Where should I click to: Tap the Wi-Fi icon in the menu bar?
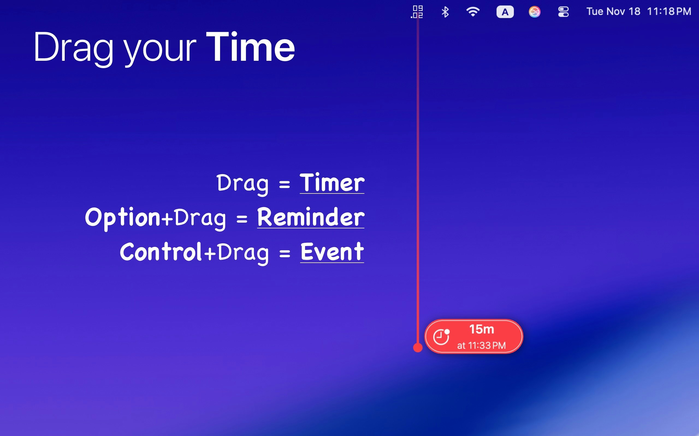(x=473, y=12)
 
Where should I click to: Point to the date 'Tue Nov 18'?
(x=613, y=11)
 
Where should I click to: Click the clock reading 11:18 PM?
(x=669, y=11)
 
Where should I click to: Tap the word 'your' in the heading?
(x=160, y=49)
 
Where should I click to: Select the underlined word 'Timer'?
(x=332, y=183)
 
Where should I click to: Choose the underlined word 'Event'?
(x=332, y=252)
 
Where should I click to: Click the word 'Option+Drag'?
(x=155, y=218)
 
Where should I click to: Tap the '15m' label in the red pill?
(x=481, y=329)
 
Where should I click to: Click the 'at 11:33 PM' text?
(x=481, y=346)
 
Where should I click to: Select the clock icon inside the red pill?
(x=441, y=337)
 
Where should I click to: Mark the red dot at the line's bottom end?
(x=418, y=348)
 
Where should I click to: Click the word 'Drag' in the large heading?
(x=73, y=48)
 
